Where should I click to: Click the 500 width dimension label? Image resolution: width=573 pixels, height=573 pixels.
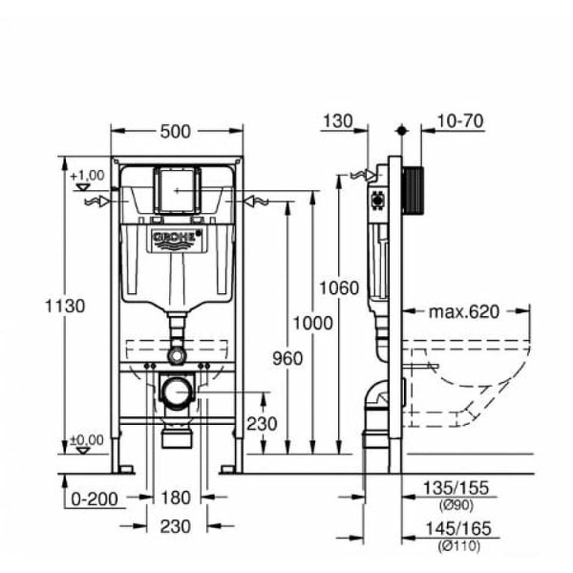176,132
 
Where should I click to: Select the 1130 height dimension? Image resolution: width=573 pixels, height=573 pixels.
65,306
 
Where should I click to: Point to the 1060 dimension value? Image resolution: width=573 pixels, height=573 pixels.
339,288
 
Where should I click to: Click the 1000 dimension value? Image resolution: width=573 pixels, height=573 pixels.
313,324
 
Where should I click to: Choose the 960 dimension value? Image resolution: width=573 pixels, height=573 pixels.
288,359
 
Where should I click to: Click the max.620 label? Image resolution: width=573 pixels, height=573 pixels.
464,312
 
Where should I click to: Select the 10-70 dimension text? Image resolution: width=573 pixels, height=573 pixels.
460,121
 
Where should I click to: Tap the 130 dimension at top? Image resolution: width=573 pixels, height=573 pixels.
338,121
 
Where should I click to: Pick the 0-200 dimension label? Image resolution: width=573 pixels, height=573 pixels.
95,499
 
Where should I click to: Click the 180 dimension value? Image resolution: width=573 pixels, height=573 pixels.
176,498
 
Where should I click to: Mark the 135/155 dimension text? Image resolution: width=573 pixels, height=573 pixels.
456,488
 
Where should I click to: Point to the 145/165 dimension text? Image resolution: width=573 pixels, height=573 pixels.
458,529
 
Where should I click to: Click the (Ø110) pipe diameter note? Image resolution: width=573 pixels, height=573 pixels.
458,546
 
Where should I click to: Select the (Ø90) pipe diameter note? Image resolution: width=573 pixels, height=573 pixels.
456,505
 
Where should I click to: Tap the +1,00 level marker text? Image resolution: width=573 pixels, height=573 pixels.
88,176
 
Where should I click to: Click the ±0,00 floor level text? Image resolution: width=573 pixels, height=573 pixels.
87,440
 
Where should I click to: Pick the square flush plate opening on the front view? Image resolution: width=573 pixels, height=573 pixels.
178,190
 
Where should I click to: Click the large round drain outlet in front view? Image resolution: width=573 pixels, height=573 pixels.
178,392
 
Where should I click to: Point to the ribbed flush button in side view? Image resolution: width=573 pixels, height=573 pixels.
414,191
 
